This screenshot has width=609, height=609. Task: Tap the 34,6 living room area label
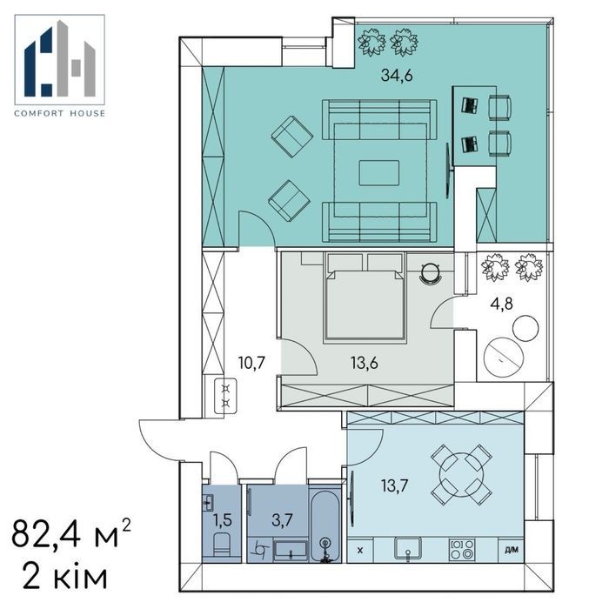[x=397, y=75]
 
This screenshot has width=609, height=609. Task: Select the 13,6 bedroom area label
[x=364, y=364]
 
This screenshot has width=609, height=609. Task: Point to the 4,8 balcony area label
[x=501, y=304]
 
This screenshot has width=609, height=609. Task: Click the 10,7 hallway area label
[x=251, y=363]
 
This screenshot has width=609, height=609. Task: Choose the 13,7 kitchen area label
[x=395, y=485]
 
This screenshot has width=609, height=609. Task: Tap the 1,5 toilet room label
[x=223, y=519]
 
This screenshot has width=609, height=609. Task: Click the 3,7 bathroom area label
[x=282, y=519]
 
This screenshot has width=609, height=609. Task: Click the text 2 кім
[x=64, y=577]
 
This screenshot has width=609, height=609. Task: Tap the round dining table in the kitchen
[x=462, y=475]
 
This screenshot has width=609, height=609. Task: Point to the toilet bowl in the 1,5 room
[x=223, y=545]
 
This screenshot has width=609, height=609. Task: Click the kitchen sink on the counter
[x=407, y=549]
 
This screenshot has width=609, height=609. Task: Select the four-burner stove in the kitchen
[x=462, y=549]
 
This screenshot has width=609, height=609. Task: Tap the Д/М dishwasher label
[x=512, y=550]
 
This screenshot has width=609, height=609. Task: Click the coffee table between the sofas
[x=379, y=173]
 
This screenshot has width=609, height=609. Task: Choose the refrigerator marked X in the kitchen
[x=360, y=550]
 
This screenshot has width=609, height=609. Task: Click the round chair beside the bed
[x=431, y=272]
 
